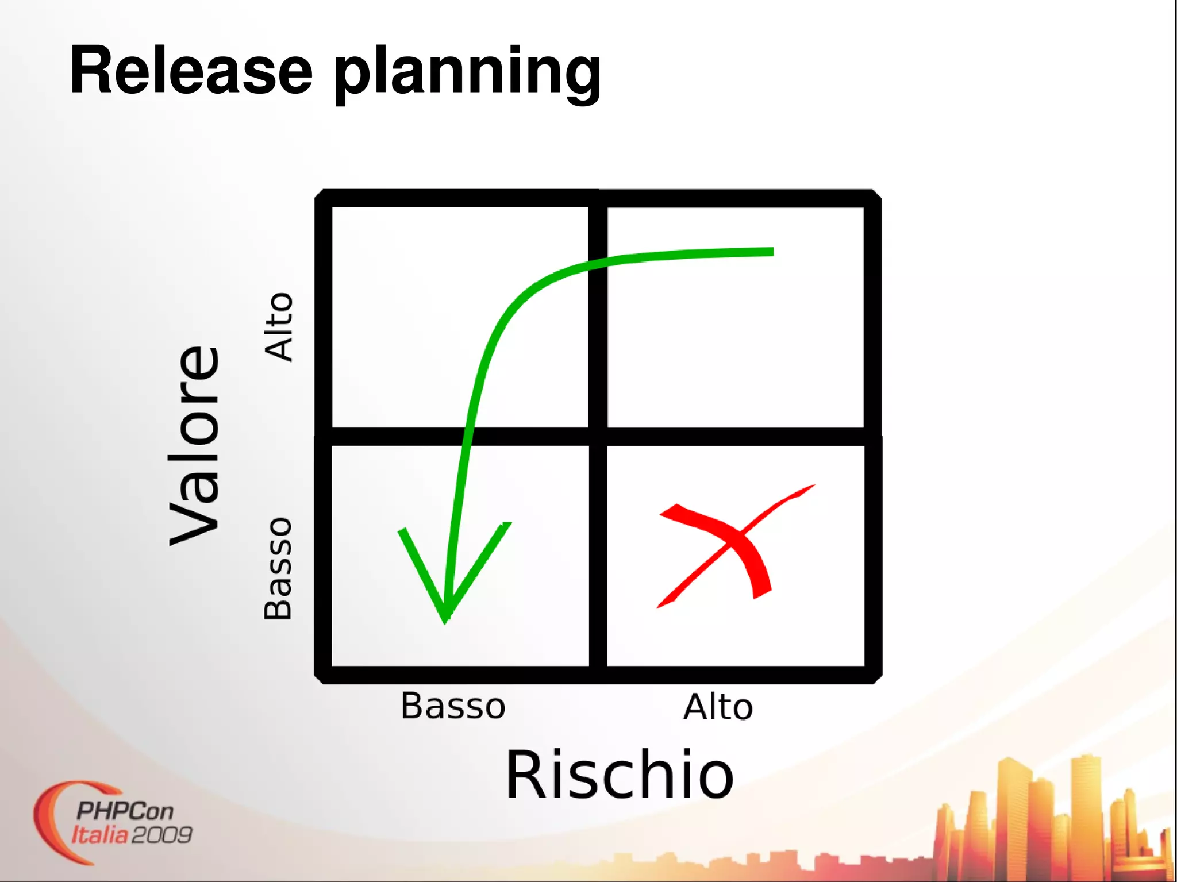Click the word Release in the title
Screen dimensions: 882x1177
[191, 70]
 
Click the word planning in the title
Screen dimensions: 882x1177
[467, 74]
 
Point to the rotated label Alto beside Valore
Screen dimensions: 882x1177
[279, 327]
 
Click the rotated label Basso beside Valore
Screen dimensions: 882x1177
[278, 569]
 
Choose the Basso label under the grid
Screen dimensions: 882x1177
[453, 706]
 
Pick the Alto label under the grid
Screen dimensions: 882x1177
[718, 707]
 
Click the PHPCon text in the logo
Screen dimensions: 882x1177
[125, 811]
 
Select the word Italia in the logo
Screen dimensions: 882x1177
[99, 834]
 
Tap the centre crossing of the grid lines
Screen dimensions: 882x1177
[598, 436]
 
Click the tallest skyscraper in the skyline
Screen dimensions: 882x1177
[1013, 816]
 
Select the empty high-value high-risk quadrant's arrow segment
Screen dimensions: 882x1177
[690, 254]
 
